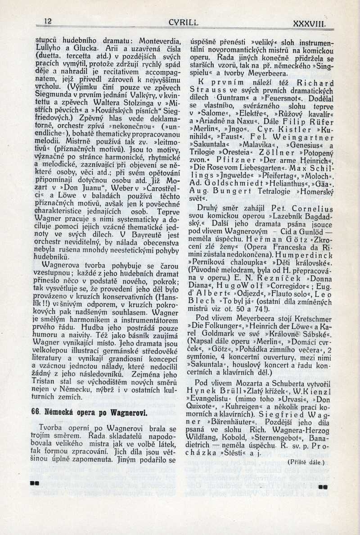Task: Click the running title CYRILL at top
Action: click(x=184, y=22)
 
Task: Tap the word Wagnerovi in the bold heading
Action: click(x=128, y=413)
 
